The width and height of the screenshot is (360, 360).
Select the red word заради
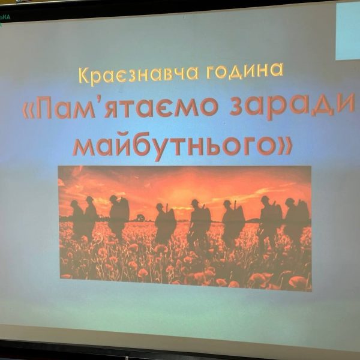point(292,106)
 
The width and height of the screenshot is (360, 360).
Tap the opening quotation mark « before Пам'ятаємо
point(28,110)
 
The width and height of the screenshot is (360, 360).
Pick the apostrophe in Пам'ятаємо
point(99,101)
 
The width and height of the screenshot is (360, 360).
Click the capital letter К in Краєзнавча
point(83,76)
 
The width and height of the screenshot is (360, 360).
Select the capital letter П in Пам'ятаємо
point(44,109)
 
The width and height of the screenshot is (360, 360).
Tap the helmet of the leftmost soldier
point(74,203)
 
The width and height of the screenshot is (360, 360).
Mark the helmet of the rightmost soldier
point(290,201)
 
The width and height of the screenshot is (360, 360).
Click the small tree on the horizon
point(140,217)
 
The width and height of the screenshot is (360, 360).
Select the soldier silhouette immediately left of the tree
point(118,217)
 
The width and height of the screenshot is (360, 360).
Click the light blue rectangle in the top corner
point(347,31)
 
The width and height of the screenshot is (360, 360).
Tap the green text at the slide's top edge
point(5,17)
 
